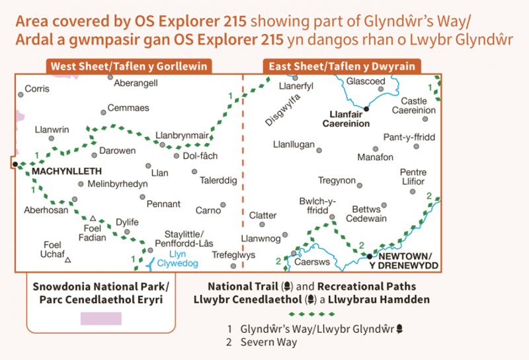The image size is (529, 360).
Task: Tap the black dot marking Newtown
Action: coord(370,255)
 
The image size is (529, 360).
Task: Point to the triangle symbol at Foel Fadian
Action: coord(93,218)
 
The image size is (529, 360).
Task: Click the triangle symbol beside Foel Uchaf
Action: coord(68,260)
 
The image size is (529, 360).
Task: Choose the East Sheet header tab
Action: coord(342,66)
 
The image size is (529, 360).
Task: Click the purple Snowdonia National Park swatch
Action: coord(101,318)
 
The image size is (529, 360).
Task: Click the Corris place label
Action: coord(36,88)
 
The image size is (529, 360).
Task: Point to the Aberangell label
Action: coord(136,83)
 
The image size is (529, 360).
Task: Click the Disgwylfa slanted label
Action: coord(283,109)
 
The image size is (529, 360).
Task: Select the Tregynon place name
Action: coord(337,181)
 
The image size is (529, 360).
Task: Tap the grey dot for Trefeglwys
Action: coord(233,266)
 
